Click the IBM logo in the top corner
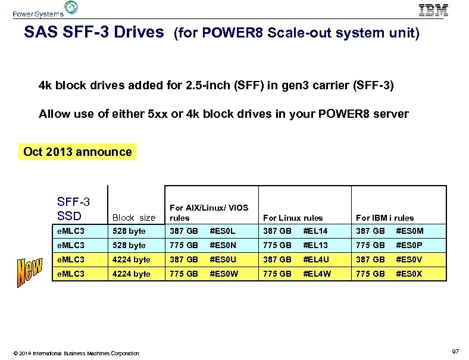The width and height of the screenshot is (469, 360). pyautogui.click(x=433, y=10)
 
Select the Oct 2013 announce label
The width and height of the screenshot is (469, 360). pyautogui.click(x=77, y=152)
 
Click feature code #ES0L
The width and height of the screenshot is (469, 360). pyautogui.click(x=223, y=231)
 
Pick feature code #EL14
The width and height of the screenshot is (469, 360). pyautogui.click(x=315, y=231)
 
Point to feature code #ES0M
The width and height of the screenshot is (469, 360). pyautogui.click(x=410, y=231)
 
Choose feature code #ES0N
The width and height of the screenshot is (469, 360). pyautogui.click(x=223, y=245)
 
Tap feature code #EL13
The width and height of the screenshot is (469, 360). pyautogui.click(x=315, y=245)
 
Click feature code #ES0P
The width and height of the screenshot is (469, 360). pyautogui.click(x=409, y=245)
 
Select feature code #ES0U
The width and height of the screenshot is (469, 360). pyautogui.click(x=223, y=259)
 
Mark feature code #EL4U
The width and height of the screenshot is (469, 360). pyautogui.click(x=316, y=259)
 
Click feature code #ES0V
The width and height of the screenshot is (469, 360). pyautogui.click(x=409, y=259)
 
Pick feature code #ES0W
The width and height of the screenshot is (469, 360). pyautogui.click(x=224, y=274)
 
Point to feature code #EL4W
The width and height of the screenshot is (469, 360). pyautogui.click(x=317, y=274)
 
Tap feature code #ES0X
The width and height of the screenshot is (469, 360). pyautogui.click(x=409, y=274)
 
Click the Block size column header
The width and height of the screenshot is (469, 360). pyautogui.click(x=133, y=218)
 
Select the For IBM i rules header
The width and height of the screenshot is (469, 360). pyautogui.click(x=384, y=218)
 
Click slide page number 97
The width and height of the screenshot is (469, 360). pyautogui.click(x=455, y=352)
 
